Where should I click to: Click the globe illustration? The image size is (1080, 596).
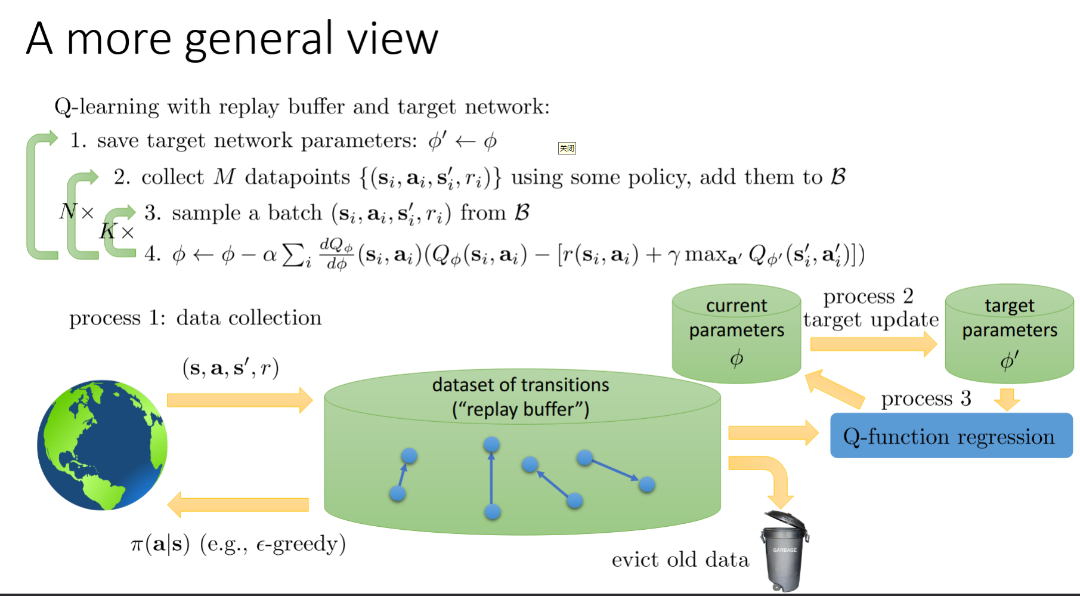[102, 445]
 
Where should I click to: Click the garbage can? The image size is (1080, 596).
[785, 551]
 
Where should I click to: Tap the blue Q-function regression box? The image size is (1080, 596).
[951, 436]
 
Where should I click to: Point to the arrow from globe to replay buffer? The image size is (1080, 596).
[239, 400]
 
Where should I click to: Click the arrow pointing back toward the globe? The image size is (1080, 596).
[238, 505]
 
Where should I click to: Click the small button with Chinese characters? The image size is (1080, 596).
[567, 148]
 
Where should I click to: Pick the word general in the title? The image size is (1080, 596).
[258, 39]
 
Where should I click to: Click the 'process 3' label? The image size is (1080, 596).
[926, 399]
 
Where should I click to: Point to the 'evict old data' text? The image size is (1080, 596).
[680, 560]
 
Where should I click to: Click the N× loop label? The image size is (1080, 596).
[76, 212]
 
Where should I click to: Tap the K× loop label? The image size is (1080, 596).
[117, 231]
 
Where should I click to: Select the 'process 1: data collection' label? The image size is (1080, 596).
[195, 317]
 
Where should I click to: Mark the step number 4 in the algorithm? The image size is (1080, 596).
[151, 254]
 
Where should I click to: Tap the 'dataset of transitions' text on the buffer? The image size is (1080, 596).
[520, 385]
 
